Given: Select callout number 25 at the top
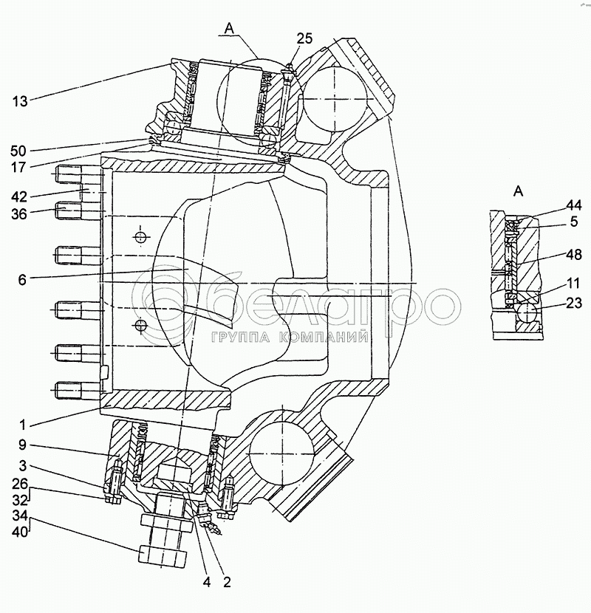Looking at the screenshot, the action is pyautogui.click(x=305, y=38).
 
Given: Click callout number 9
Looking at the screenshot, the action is pyautogui.click(x=24, y=445).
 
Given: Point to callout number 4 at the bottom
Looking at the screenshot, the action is pyautogui.click(x=207, y=582).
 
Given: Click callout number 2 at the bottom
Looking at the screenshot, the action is pyautogui.click(x=227, y=582).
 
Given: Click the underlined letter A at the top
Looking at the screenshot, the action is pyautogui.click(x=230, y=28).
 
